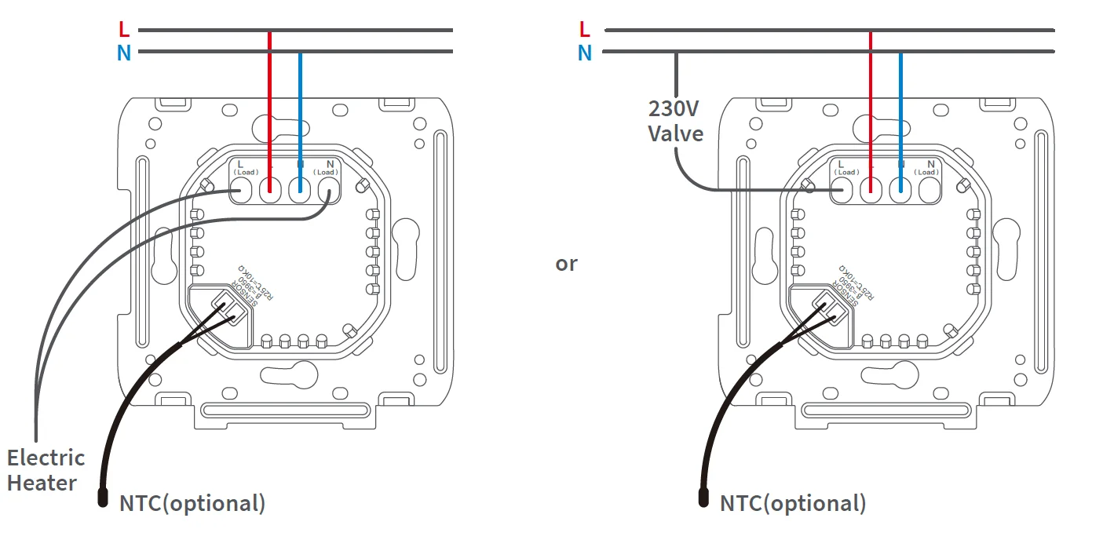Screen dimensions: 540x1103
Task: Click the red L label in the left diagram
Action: pos(123,30)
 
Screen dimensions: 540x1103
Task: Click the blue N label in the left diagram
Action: pos(123,53)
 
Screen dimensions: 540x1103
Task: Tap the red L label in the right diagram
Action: pos(583,30)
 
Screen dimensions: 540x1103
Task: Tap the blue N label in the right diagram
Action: pos(584,53)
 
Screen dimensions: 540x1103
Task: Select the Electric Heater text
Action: pos(46,470)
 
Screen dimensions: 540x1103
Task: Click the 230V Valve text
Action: pos(675,121)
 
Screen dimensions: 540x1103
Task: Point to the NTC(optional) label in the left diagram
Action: pos(192,503)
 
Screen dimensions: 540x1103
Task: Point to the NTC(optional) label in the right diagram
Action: pos(793,503)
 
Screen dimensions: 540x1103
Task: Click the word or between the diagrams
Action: pos(566,264)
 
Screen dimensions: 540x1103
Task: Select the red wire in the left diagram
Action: pos(270,102)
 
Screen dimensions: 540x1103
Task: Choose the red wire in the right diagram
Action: pos(871,102)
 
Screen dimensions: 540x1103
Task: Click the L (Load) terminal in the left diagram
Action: pos(241,189)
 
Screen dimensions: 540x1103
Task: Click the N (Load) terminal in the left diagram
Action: pos(328,189)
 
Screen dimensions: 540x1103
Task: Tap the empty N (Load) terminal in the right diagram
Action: pos(929,189)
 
